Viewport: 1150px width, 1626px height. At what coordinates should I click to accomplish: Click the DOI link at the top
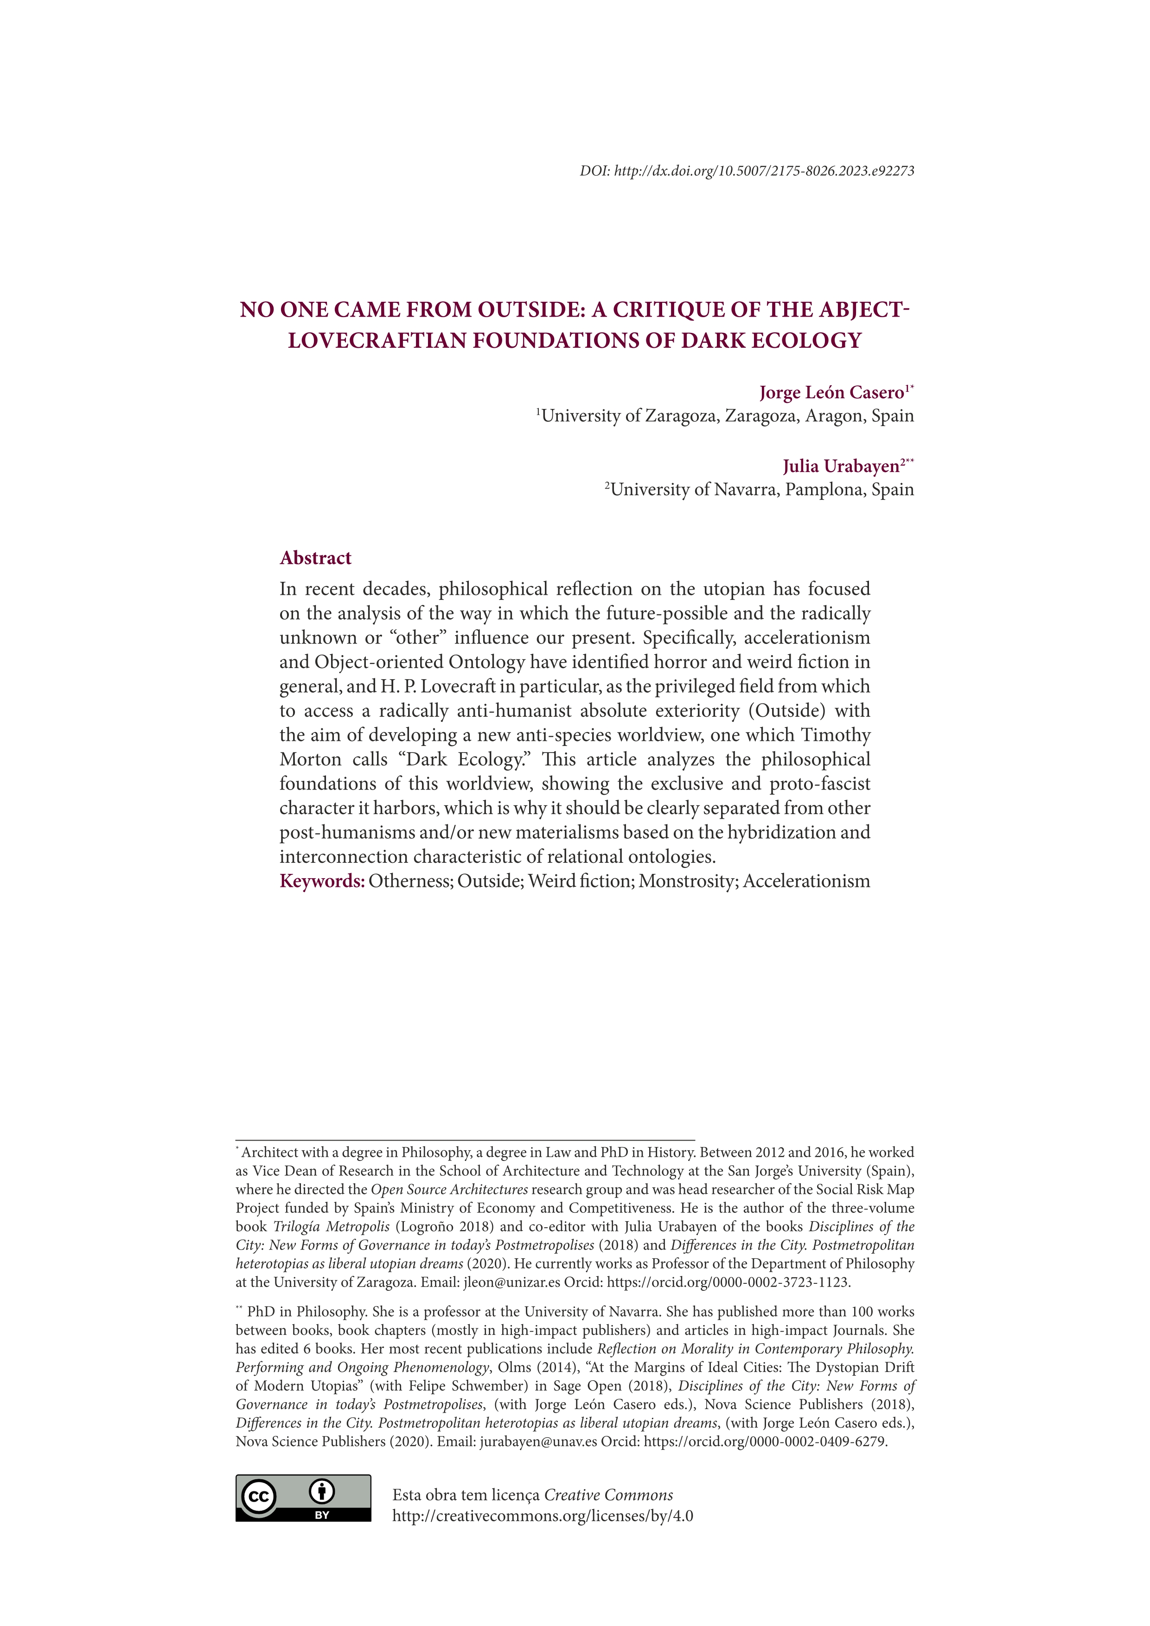pyautogui.click(x=763, y=171)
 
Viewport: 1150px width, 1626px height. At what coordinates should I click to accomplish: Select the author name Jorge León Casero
pyautogui.click(x=831, y=393)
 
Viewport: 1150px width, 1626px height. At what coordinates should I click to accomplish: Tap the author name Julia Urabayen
pyautogui.click(x=841, y=467)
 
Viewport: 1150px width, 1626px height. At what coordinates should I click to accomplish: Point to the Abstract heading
pyautogui.click(x=315, y=558)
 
